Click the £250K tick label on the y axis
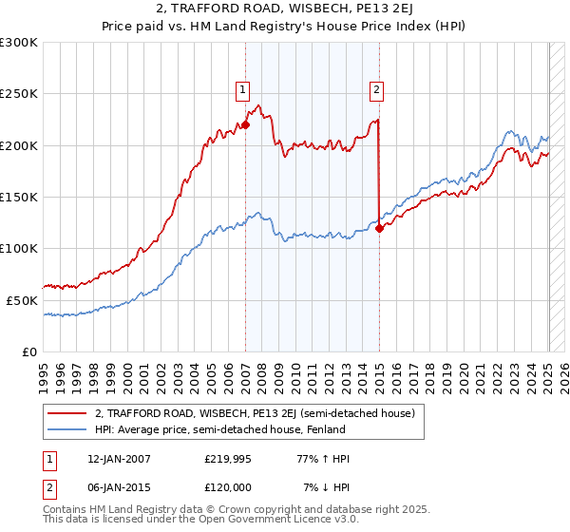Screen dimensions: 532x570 click(x=19, y=94)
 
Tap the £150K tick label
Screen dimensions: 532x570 click(x=19, y=197)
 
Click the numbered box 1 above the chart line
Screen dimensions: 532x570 click(x=243, y=90)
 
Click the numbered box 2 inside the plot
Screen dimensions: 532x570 click(x=376, y=90)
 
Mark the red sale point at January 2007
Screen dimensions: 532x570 click(x=245, y=124)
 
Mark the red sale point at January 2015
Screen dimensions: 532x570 click(x=379, y=228)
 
